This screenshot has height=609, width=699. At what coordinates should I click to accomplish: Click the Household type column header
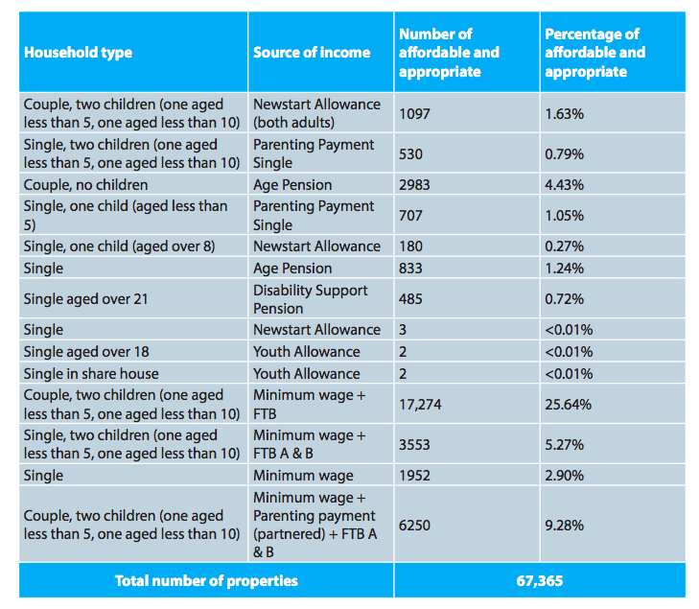tap(78, 53)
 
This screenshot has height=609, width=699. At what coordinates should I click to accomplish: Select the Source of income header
tap(312, 53)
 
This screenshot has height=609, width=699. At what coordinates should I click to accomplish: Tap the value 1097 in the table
tap(414, 114)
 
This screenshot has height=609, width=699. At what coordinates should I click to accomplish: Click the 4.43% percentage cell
tap(564, 185)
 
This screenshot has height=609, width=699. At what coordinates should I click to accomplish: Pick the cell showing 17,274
tap(420, 405)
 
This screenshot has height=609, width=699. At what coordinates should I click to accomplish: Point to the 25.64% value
tap(568, 405)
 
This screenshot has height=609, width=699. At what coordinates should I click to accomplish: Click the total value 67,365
tap(540, 581)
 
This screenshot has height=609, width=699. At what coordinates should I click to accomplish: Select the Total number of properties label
tap(206, 581)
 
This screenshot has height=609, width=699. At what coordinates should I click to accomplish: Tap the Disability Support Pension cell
tap(311, 299)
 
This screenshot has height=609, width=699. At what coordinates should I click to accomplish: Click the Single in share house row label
tap(91, 374)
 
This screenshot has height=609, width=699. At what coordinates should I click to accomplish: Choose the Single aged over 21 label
tap(85, 299)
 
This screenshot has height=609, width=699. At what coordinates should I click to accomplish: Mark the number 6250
tap(414, 526)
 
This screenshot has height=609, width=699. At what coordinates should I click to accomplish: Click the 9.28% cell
tap(564, 526)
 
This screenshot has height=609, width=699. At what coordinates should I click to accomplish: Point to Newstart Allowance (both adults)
tap(317, 113)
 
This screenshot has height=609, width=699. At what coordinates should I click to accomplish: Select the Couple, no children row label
tap(85, 185)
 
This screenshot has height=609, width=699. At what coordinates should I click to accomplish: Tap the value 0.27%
tap(564, 246)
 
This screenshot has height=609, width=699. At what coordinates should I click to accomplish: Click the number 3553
tap(414, 445)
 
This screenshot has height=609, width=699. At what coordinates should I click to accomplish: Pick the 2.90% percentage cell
tap(564, 476)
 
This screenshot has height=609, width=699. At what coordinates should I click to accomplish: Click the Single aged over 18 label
tap(86, 352)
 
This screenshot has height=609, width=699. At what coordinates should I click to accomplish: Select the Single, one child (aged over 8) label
tap(120, 246)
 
